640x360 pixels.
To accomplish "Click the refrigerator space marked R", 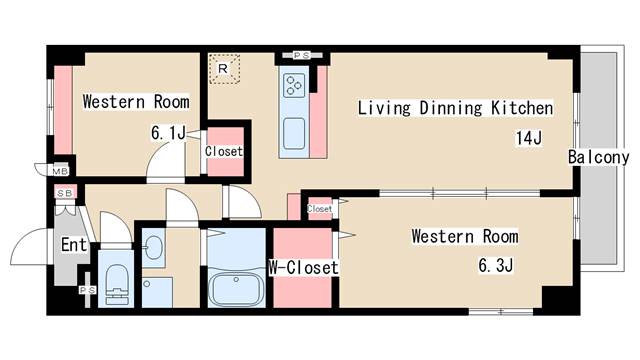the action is pyautogui.click(x=224, y=69).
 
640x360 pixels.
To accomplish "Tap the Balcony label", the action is pyautogui.click(x=599, y=158).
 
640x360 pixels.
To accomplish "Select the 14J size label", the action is pyautogui.click(x=529, y=138).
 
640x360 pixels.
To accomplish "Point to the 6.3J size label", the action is pyautogui.click(x=496, y=266).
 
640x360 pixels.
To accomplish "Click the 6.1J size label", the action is pyautogui.click(x=169, y=133).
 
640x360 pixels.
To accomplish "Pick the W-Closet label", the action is pyautogui.click(x=303, y=268).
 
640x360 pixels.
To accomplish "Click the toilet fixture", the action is pyautogui.click(x=117, y=284).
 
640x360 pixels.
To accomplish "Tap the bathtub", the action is pyautogui.click(x=236, y=289).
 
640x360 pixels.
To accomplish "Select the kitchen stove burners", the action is pyautogui.click(x=294, y=85).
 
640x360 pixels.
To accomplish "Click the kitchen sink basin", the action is pyautogui.click(x=294, y=133).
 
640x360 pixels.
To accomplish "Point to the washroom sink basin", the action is pyautogui.click(x=154, y=247).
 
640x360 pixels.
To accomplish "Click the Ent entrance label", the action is pyautogui.click(x=74, y=245).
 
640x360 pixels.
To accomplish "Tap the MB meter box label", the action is pyautogui.click(x=60, y=171).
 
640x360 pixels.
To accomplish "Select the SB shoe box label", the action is pyautogui.click(x=65, y=193).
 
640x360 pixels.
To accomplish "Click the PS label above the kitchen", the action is pyautogui.click(x=302, y=55).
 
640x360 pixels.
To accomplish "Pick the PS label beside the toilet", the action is pyautogui.click(x=87, y=290).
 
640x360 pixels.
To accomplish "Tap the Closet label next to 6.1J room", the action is pyautogui.click(x=224, y=151).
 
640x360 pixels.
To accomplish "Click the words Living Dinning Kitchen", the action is pyautogui.click(x=456, y=108).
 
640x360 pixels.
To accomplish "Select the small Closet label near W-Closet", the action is pyautogui.click(x=320, y=209).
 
